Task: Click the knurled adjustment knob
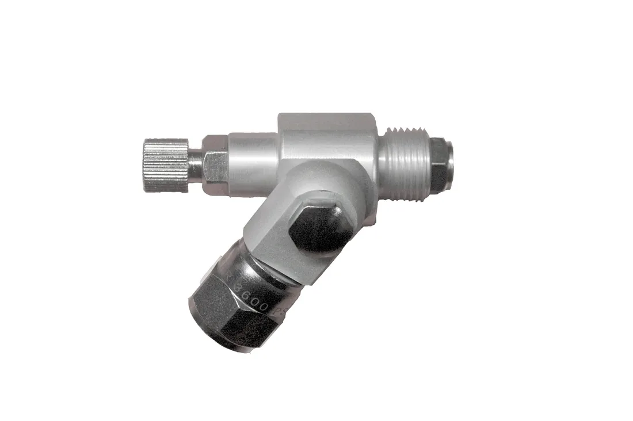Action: pos(166,165)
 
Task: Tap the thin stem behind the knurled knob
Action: pos(195,164)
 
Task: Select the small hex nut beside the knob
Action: pos(215,166)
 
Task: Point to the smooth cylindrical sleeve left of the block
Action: pos(253,164)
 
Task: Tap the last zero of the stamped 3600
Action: pos(264,306)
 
